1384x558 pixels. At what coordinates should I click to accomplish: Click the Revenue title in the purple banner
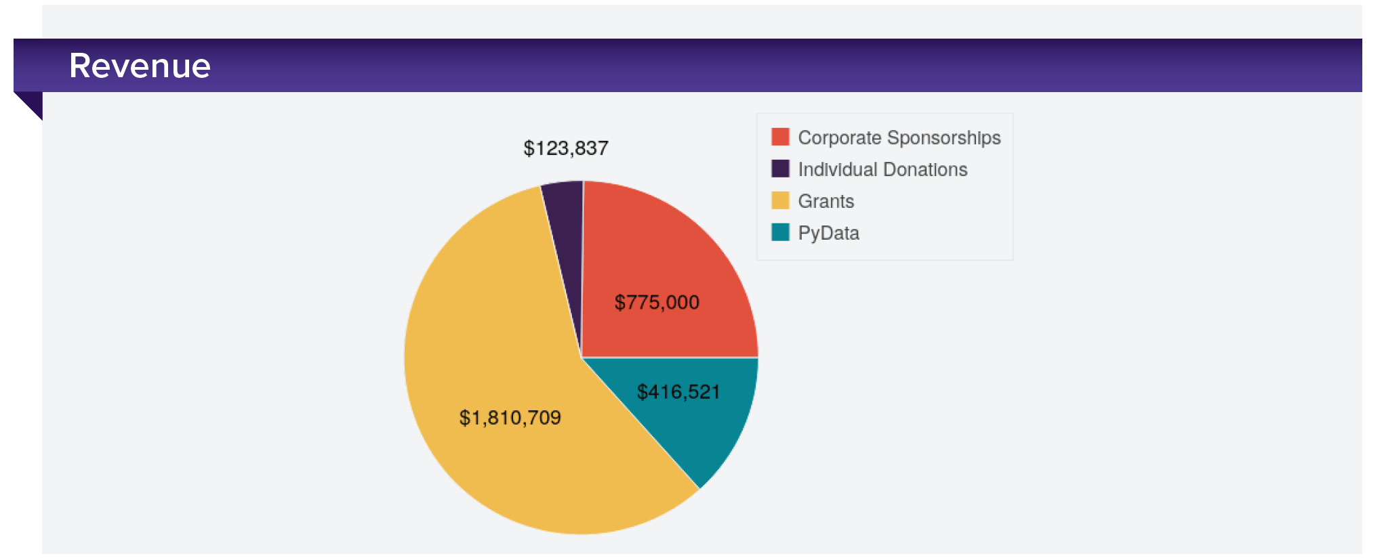[x=140, y=66]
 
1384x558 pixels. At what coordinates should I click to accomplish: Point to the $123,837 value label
[x=566, y=148]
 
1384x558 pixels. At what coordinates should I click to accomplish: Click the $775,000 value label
[x=657, y=303]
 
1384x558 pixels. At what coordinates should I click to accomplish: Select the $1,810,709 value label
[x=510, y=418]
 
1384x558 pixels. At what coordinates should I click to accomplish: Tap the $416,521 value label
[x=678, y=392]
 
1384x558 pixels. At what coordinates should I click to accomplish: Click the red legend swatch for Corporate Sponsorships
[x=780, y=137]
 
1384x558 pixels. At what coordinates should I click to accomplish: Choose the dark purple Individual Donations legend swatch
[x=780, y=169]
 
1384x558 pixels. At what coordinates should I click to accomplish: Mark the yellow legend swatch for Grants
[x=780, y=200]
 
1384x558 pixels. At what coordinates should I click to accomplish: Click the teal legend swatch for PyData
[x=780, y=232]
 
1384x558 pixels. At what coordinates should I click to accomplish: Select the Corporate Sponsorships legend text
[x=899, y=137]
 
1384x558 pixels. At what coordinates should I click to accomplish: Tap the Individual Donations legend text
[x=882, y=169]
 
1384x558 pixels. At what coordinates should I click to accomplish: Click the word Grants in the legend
[x=826, y=201]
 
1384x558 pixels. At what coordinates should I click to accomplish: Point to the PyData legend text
[x=828, y=233]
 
